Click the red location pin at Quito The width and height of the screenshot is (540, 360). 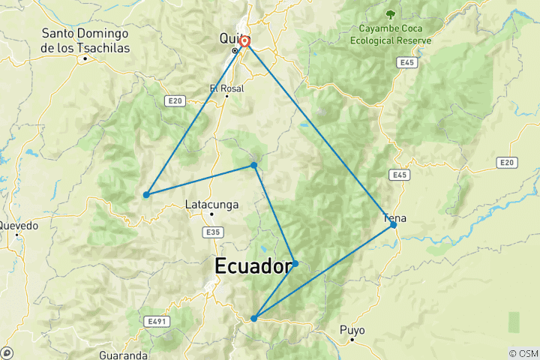point(244,41)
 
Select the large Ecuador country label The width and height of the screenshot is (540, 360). point(253,266)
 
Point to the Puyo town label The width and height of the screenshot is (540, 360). point(352,329)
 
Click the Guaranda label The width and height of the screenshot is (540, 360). point(123,354)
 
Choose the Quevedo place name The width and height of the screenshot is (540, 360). point(19,225)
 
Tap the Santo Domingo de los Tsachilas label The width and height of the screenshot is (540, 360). point(85,40)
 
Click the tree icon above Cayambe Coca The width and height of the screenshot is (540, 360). point(390,13)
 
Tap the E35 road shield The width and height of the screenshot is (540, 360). point(214,233)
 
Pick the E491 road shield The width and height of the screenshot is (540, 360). point(156,322)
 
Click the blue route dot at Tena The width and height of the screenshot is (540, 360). point(393,224)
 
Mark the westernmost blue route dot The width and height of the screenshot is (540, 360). point(146,195)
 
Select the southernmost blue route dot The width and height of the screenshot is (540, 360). point(254,319)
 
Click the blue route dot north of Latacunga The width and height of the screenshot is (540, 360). point(254,165)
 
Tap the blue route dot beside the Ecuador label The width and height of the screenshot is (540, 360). point(295,263)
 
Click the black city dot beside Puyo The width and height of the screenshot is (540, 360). point(352,340)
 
